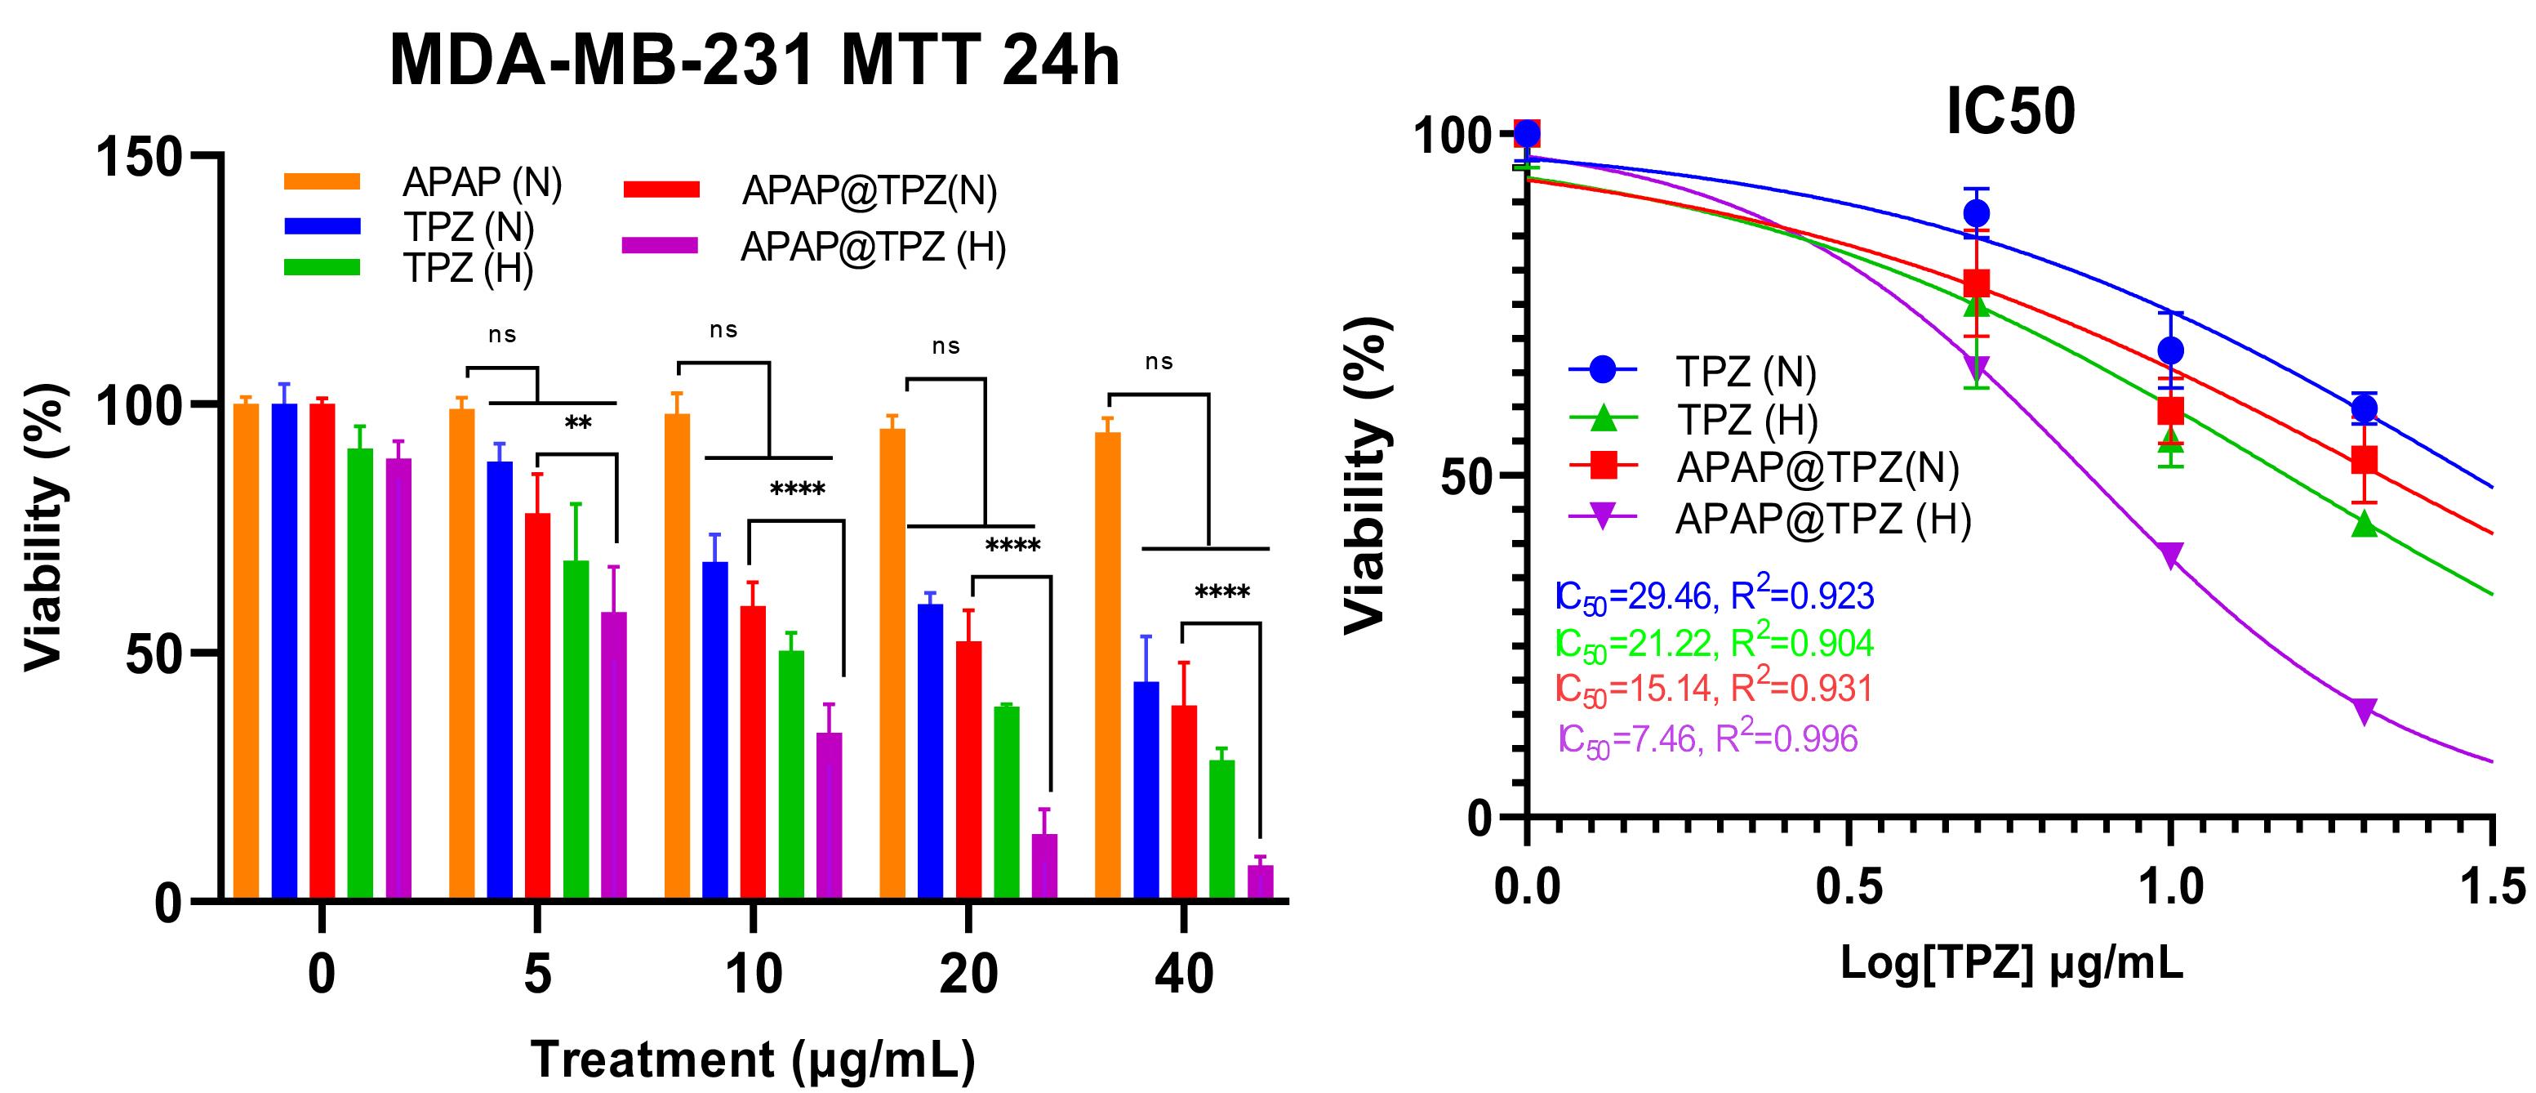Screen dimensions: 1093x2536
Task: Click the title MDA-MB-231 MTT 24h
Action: point(754,62)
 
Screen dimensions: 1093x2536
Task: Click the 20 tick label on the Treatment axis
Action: point(968,974)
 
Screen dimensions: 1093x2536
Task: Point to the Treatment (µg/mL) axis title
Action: point(753,1060)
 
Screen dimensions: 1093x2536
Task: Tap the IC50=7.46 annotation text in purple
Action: point(1708,738)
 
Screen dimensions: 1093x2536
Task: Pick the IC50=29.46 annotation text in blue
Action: point(1714,596)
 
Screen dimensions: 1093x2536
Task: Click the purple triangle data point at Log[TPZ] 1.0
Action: point(2169,555)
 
